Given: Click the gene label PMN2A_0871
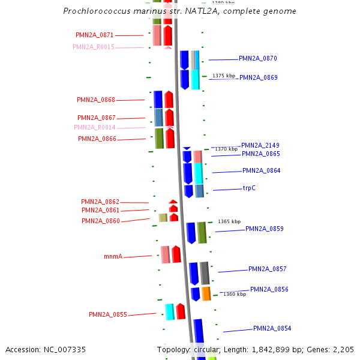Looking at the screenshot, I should (95, 35).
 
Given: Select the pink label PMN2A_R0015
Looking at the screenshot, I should (94, 47).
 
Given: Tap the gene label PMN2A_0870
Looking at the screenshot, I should (258, 59).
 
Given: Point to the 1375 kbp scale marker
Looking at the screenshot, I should (223, 76).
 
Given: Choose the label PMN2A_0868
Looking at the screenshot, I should (96, 100).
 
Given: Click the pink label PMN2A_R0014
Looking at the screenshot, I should (95, 127).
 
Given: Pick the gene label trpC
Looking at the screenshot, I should (249, 188).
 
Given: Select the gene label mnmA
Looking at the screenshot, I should (113, 257).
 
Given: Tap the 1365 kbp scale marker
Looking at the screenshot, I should (229, 221).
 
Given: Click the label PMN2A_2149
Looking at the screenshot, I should (260, 146).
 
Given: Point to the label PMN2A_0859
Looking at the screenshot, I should (265, 229).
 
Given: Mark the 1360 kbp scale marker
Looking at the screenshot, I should (235, 295).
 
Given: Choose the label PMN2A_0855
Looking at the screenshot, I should (108, 314).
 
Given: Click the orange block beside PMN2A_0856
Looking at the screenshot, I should (206, 293).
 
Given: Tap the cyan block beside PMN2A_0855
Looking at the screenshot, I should (170, 311).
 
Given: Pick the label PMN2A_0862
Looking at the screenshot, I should (100, 202).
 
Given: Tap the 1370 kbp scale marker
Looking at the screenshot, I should (226, 149).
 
